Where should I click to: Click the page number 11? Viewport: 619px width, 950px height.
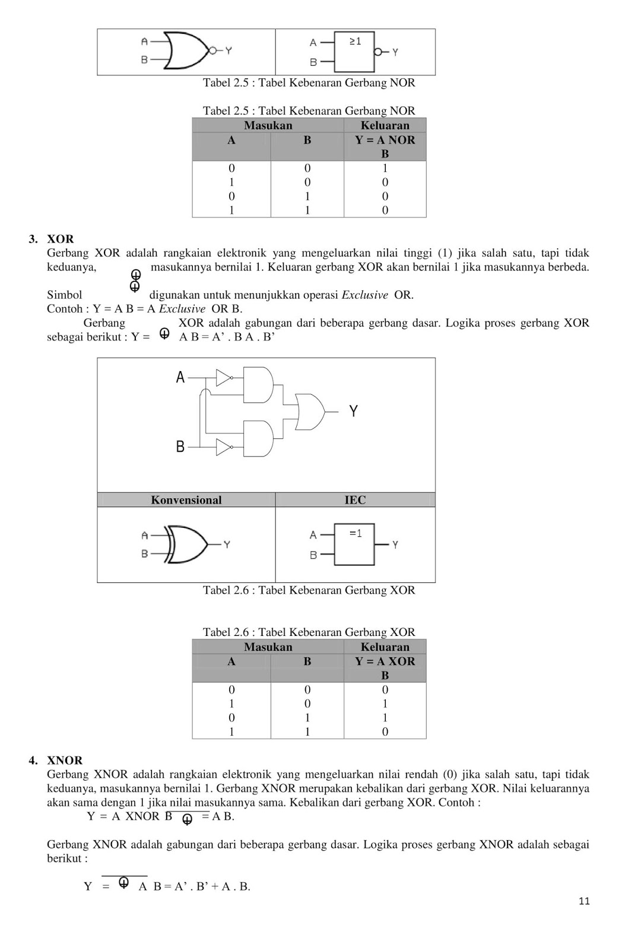point(584,901)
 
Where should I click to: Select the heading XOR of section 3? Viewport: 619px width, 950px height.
point(61,239)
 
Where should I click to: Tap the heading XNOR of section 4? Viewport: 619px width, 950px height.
point(65,761)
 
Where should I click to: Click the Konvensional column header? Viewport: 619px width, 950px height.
point(186,500)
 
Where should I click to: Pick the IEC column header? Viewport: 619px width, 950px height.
point(355,500)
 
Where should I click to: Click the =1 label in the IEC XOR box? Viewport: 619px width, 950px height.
point(355,533)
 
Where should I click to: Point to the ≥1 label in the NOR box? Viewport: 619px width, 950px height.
point(355,42)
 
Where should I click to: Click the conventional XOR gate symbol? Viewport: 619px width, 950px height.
point(188,544)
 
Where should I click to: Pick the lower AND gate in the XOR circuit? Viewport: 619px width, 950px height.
point(259,439)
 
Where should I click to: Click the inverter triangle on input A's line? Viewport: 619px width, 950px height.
point(223,378)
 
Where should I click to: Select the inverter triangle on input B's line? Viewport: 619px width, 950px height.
point(223,446)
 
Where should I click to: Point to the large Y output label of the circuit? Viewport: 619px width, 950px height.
point(353,411)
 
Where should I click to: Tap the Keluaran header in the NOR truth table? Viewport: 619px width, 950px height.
point(385,125)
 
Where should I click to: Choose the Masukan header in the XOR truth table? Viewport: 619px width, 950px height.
point(268,647)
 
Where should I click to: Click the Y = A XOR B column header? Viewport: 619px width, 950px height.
point(385,668)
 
